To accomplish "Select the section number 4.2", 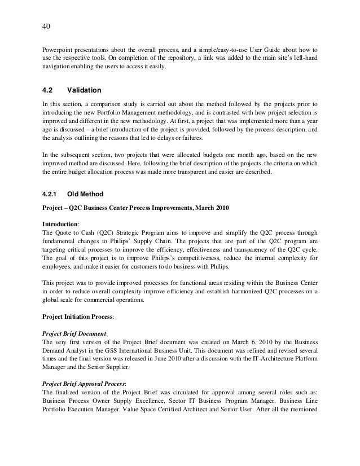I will click(x=49, y=90).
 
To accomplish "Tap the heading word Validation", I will click(x=84, y=90).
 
